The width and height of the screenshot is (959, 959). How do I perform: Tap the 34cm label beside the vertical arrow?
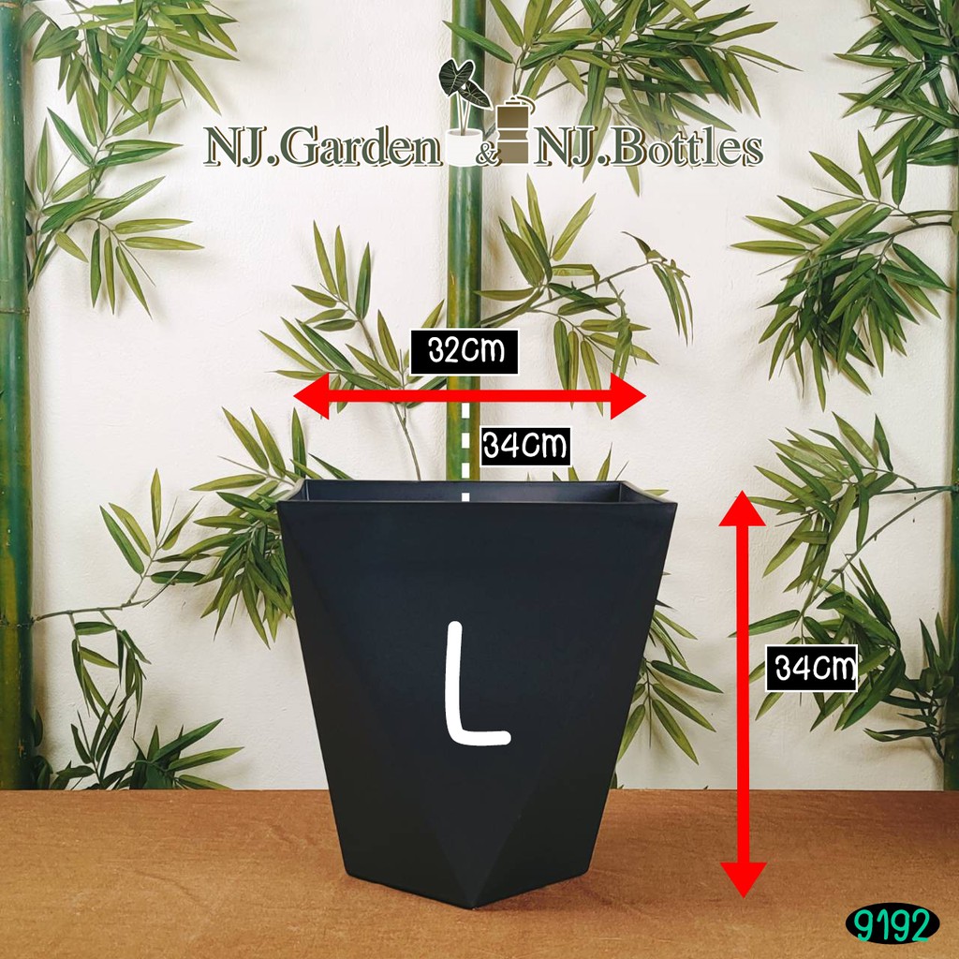point(811,669)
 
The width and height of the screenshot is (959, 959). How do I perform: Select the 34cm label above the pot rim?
point(524,445)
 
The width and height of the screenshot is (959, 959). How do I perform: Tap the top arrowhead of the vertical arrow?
point(743,507)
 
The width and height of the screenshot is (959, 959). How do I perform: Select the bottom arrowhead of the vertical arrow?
point(743,879)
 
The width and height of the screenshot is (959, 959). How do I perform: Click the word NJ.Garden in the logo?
point(324,148)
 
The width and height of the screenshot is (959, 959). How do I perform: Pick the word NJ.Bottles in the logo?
point(646,148)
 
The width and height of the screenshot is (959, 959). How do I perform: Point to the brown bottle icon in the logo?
point(512,131)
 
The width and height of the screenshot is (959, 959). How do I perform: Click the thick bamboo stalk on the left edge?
point(13,421)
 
